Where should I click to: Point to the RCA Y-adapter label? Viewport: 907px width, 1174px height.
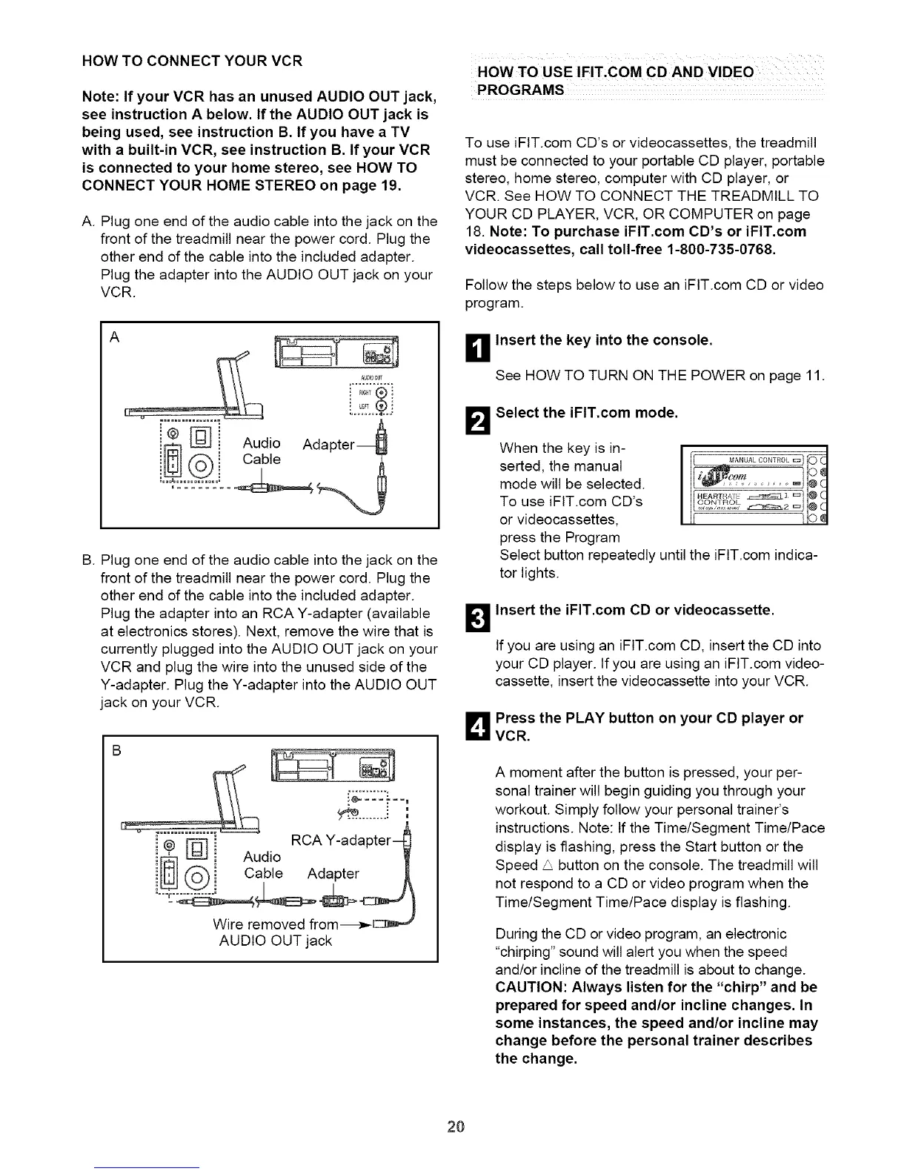tap(340, 840)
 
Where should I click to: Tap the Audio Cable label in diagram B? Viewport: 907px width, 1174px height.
tap(262, 865)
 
